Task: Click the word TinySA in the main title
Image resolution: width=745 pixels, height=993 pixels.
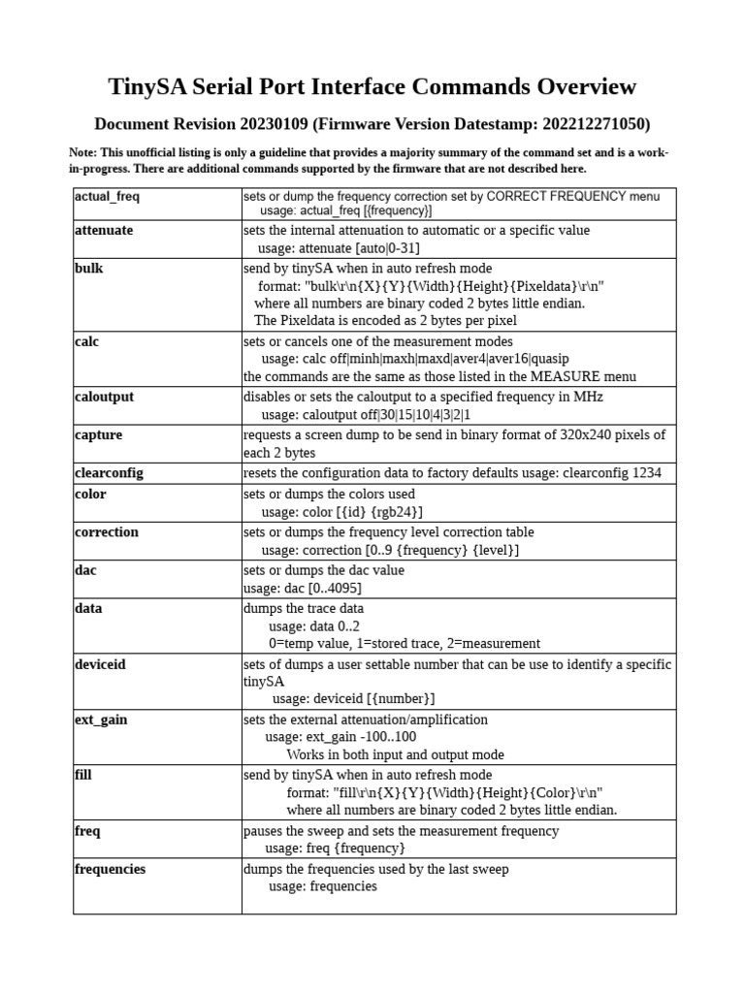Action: pyautogui.click(x=147, y=87)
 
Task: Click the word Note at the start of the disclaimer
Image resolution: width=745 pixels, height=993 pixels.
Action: pyautogui.click(x=82, y=153)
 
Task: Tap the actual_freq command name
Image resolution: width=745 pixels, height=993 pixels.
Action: pyautogui.click(x=108, y=197)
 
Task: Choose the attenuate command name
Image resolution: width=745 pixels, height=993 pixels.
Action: pyautogui.click(x=104, y=231)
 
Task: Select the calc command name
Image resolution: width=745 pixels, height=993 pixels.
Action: pyautogui.click(x=86, y=342)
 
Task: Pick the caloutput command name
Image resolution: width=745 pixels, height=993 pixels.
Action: pyautogui.click(x=104, y=398)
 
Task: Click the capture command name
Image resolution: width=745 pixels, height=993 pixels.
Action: pyautogui.click(x=98, y=435)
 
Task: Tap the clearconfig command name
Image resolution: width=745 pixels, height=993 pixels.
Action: pyautogui.click(x=109, y=473)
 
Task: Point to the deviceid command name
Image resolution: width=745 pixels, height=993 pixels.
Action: pyautogui.click(x=100, y=664)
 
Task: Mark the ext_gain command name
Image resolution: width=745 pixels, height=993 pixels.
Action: pyautogui.click(x=101, y=721)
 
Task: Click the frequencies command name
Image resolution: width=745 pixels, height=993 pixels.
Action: pyautogui.click(x=110, y=869)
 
